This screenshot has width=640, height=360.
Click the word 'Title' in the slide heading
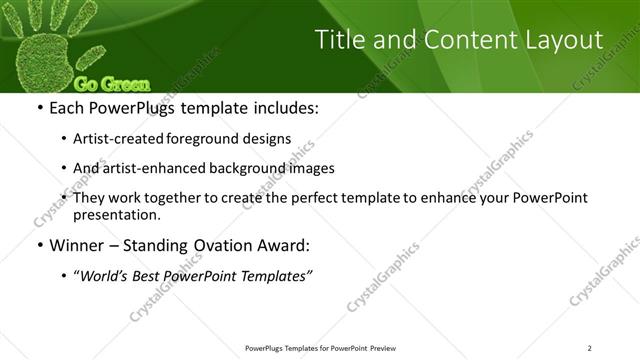tap(341, 40)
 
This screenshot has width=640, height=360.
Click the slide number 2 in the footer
tap(590, 348)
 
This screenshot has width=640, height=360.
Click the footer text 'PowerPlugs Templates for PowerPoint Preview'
tap(319, 348)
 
